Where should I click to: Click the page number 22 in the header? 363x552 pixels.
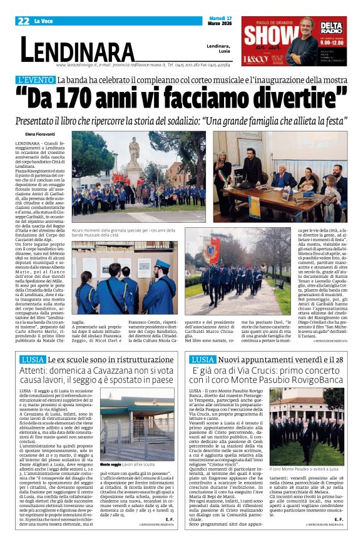click(24, 21)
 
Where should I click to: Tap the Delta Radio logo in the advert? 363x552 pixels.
click(332, 28)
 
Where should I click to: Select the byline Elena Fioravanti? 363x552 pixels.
click(43, 135)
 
